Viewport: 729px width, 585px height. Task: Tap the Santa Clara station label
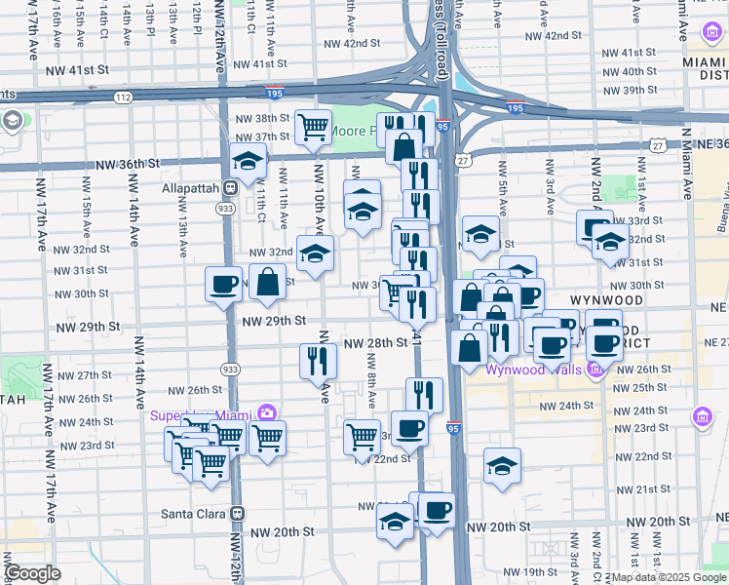point(194,513)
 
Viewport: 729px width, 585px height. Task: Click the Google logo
point(32,573)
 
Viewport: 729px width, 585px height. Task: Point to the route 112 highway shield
point(122,97)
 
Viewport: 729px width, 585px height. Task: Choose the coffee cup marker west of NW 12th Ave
point(224,285)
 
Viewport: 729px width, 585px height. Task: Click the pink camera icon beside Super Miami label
point(267,415)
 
